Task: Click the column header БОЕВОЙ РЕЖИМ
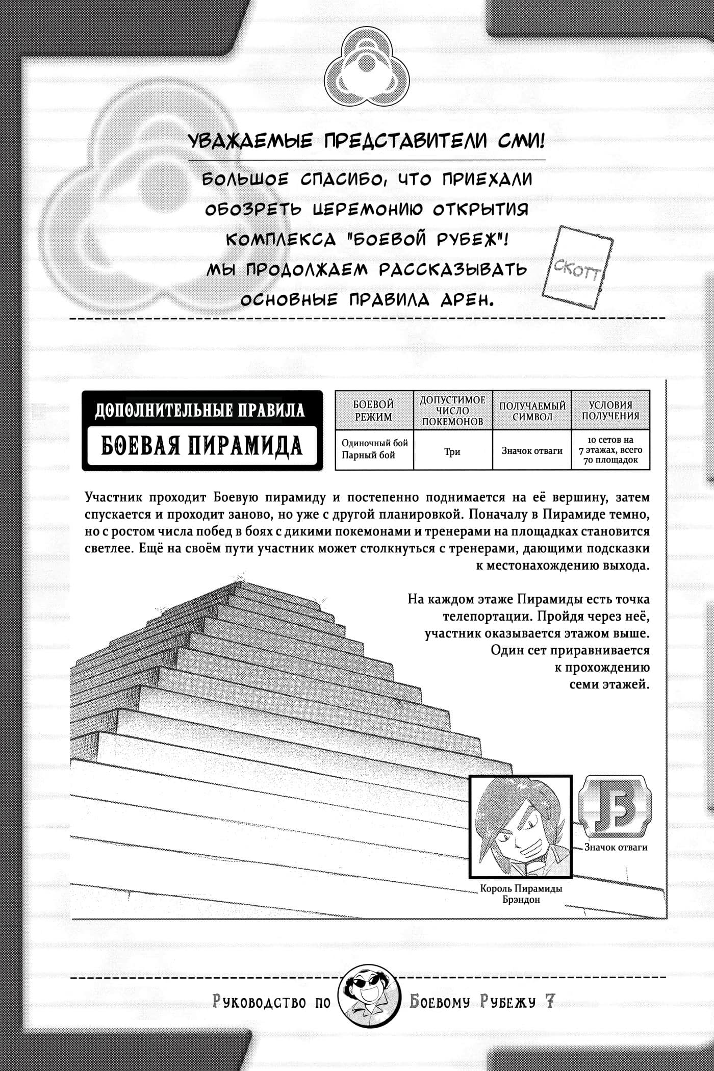coord(373,411)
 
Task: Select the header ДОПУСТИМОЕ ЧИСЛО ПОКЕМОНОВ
coord(452,411)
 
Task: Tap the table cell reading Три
coord(452,451)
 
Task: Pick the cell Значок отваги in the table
coord(532,451)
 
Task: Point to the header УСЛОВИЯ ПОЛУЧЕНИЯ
coord(610,411)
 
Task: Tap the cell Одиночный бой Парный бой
coord(374,449)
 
